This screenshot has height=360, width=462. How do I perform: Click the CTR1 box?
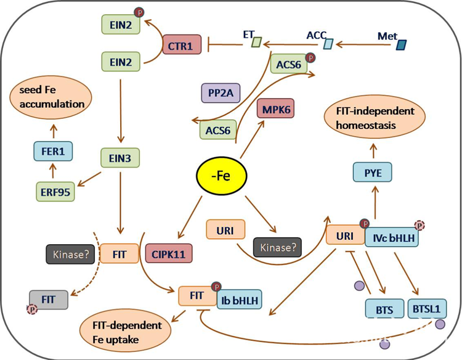[x=182, y=44]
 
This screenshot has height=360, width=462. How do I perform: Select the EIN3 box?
[x=120, y=158]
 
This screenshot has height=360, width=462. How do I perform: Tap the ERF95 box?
[x=55, y=192]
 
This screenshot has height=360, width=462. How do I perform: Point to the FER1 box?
[x=53, y=151]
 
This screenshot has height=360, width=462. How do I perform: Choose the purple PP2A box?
[x=221, y=93]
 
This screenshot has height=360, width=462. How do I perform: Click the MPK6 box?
[x=276, y=108]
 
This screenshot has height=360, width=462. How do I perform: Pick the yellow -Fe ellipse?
[x=222, y=176]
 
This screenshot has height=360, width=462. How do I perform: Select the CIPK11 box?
[x=169, y=253]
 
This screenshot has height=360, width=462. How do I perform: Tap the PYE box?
[x=373, y=172]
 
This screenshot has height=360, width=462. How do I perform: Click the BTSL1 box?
[x=428, y=309]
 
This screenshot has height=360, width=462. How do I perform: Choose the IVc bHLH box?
[x=392, y=237]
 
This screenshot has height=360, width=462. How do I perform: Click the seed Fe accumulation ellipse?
[x=51, y=97]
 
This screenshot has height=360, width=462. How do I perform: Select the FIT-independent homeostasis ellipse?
[x=375, y=118]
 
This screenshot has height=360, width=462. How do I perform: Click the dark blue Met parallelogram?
[x=401, y=45]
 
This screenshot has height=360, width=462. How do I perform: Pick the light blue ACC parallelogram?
[x=328, y=44]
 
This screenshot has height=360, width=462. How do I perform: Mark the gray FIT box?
[x=49, y=300]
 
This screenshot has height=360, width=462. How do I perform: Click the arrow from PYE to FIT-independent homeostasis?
[x=374, y=150]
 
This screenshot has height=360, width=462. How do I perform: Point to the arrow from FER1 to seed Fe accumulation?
[x=54, y=131]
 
